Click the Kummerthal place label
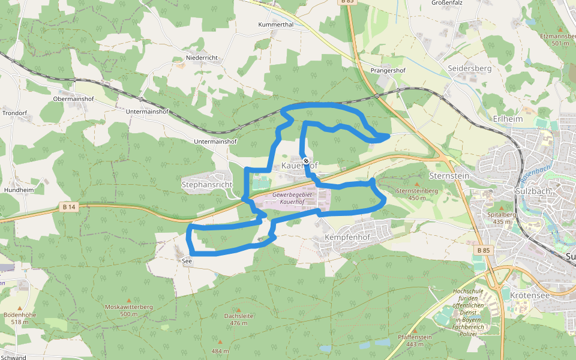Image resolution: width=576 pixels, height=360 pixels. (x=275, y=25)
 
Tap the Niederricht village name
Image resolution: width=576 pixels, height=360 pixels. (x=202, y=58)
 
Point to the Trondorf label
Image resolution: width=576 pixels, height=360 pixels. (x=15, y=113)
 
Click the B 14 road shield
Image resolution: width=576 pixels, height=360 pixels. (x=70, y=207)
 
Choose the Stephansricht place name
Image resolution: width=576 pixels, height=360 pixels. (x=206, y=185)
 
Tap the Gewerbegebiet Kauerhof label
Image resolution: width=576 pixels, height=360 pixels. (x=292, y=198)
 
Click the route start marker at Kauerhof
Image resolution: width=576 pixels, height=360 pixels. (x=306, y=161)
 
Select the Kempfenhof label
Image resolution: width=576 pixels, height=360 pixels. (x=347, y=238)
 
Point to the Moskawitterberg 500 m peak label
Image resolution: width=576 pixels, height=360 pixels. (x=129, y=310)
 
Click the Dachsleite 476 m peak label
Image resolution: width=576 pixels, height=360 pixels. (x=239, y=319)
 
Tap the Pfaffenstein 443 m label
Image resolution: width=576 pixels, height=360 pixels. (x=415, y=340)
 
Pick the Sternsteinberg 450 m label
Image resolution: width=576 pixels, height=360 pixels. (x=417, y=194)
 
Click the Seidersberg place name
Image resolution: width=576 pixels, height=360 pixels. (x=470, y=68)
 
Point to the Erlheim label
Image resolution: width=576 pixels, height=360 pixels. (x=508, y=119)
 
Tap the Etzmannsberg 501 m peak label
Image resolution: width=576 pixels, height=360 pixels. (x=559, y=40)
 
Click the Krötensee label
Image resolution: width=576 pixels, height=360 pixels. (x=530, y=296)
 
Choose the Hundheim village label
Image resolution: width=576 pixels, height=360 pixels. (x=19, y=190)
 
